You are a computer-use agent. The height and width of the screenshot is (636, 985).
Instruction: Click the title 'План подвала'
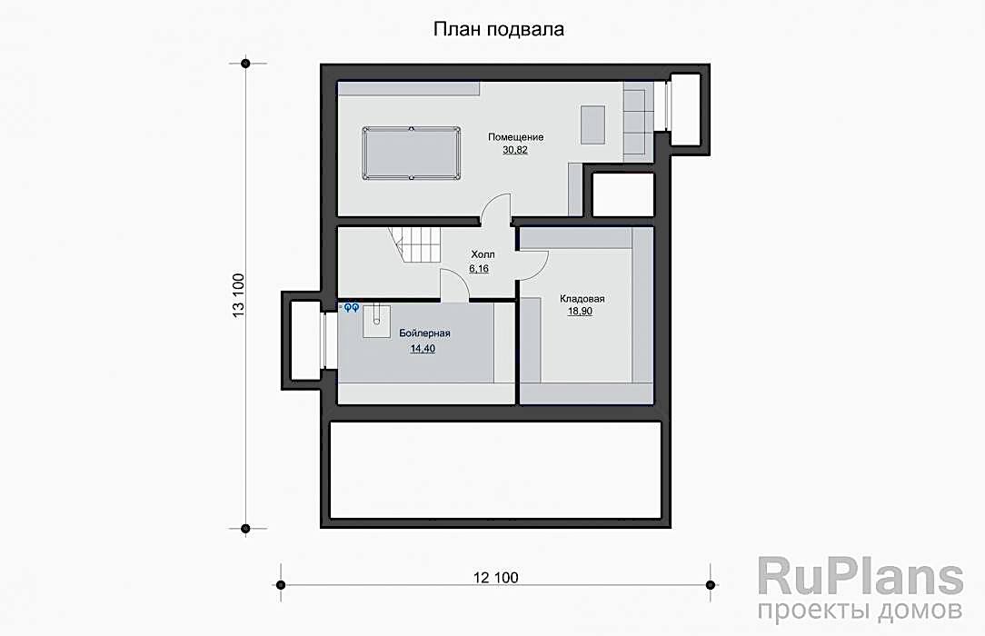coord(498,29)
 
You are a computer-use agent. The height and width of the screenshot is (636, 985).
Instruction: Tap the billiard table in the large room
coord(410,154)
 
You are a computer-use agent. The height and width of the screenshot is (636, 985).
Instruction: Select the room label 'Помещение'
coord(516,137)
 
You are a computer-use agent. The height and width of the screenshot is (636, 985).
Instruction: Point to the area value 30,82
coord(515,150)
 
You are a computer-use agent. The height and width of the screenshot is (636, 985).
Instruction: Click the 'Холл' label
coord(483,254)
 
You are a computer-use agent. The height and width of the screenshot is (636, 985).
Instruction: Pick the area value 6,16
coord(479,269)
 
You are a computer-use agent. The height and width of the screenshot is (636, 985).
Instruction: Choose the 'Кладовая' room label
coord(582,299)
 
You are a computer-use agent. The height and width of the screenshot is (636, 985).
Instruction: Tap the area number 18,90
coord(580,312)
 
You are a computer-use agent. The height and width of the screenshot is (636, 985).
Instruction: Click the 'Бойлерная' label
coord(424,333)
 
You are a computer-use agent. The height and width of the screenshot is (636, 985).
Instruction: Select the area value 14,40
coord(423,349)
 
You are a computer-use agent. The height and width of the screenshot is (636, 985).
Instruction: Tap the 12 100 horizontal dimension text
coord(495,577)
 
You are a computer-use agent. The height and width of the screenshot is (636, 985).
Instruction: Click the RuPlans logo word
coord(860,575)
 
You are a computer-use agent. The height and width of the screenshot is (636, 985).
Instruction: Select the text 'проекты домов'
coord(860,610)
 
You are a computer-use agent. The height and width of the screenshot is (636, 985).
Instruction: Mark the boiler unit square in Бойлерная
coord(376,321)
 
